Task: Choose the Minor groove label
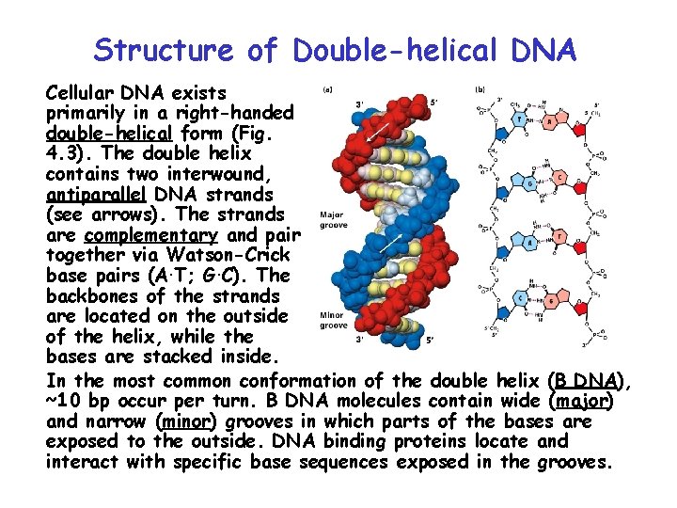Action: click(x=334, y=320)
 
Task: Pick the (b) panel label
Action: click(x=480, y=90)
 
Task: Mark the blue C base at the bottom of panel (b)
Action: click(x=519, y=297)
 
